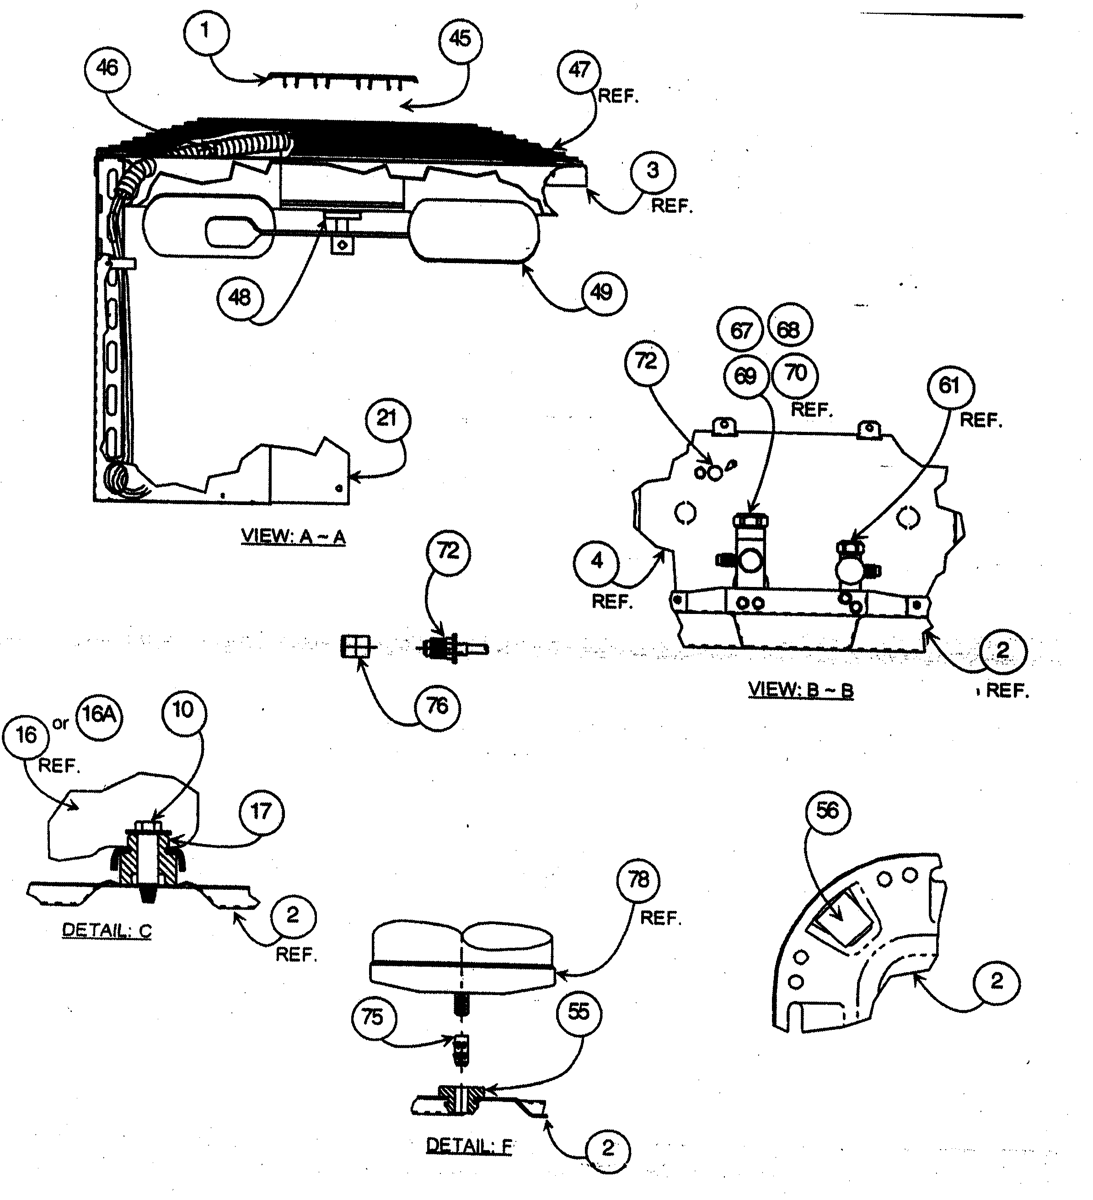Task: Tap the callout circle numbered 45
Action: pyautogui.click(x=460, y=39)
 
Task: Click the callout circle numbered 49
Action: pyautogui.click(x=602, y=293)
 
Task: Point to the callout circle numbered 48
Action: pyautogui.click(x=240, y=297)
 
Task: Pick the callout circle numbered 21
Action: pyautogui.click(x=387, y=419)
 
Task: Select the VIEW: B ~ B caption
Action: pyautogui.click(x=800, y=690)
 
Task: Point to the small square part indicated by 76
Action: pyautogui.click(x=354, y=646)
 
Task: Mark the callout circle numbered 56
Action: pyautogui.click(x=828, y=811)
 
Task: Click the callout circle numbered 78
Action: pyautogui.click(x=638, y=880)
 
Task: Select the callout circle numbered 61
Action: pyautogui.click(x=949, y=386)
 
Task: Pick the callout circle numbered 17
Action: pyautogui.click(x=261, y=812)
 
